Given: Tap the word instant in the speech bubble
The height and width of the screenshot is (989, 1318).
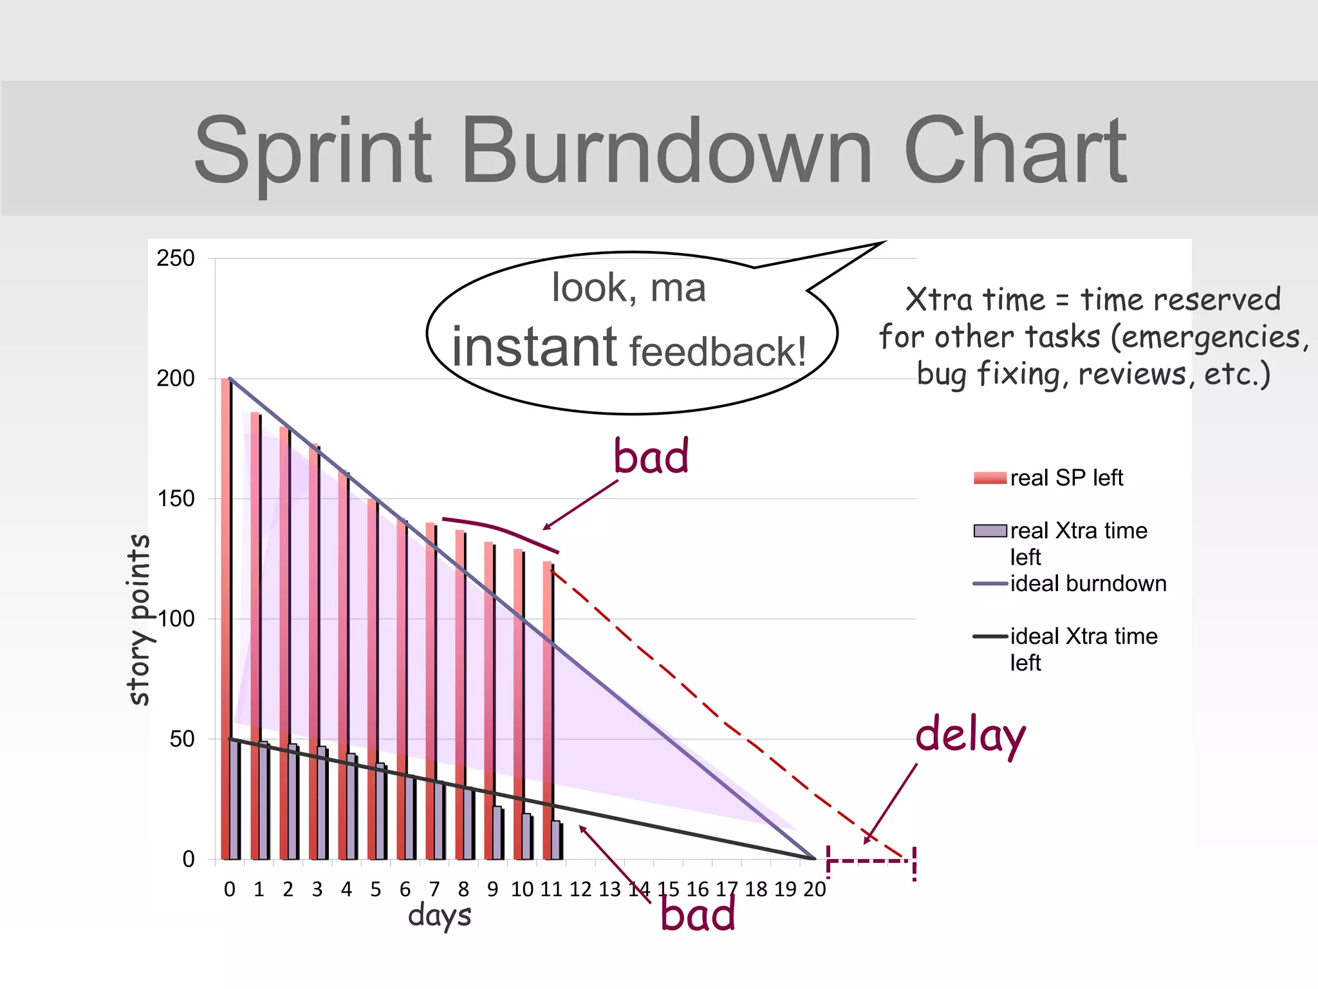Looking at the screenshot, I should [534, 348].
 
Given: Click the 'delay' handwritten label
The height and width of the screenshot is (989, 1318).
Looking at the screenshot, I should [970, 735].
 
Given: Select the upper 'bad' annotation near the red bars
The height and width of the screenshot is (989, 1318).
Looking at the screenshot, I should [651, 456].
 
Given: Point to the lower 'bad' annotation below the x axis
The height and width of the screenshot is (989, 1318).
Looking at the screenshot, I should [698, 915].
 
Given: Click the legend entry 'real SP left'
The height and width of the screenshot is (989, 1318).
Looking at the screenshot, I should [1066, 478].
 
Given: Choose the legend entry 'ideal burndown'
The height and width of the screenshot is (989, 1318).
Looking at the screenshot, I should [1088, 583].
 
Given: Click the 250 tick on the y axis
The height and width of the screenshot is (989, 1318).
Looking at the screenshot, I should [175, 258].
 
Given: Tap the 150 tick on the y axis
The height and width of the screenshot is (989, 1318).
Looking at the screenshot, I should [175, 498].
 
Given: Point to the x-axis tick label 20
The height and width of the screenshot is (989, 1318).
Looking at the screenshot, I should [814, 889].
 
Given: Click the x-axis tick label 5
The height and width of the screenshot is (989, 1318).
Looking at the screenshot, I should [375, 889].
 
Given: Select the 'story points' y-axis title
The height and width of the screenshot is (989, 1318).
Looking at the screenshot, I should [139, 619].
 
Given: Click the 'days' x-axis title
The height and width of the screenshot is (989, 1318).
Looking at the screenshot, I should [440, 915].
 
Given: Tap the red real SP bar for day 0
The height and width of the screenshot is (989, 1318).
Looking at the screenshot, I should [225, 618].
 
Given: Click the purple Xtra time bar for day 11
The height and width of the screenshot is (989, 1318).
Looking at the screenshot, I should [556, 840].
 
